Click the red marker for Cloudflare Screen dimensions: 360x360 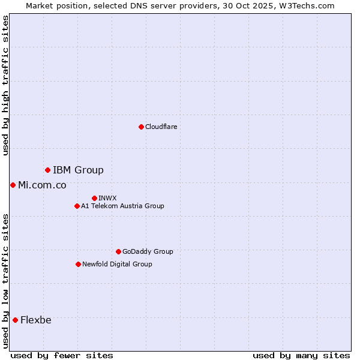coord(141,127)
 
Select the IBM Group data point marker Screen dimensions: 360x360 coord(47,170)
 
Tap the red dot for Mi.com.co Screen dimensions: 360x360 coord(13,185)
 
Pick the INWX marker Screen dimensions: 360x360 coord(94,198)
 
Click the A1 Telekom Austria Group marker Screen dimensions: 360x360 coord(77,206)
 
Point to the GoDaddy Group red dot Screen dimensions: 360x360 coord(118,251)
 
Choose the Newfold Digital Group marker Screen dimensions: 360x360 coord(78,264)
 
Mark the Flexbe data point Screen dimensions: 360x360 coord(15,320)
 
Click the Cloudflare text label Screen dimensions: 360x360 coord(161,127)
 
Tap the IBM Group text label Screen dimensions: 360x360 coord(78,170)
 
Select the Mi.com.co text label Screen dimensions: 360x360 coord(42,185)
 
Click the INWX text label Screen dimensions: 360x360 coord(107,198)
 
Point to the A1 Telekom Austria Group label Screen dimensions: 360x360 coord(122,206)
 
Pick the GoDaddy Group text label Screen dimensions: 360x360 coord(148,251)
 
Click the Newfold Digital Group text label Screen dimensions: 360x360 coord(117,264)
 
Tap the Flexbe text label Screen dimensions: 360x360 coord(36,320)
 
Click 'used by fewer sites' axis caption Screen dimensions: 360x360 coord(62,355)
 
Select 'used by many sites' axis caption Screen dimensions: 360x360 coord(301,355)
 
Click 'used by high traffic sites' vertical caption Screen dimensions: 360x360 coord(5,85)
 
